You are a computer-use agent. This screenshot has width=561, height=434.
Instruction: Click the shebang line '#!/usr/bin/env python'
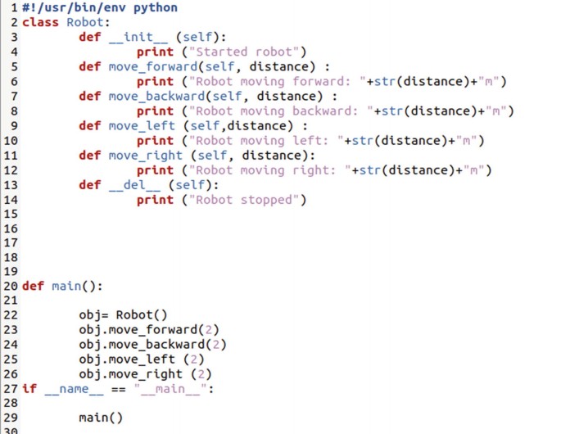pyautogui.click(x=99, y=8)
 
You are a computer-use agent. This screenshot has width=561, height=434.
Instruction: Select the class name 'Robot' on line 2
pyautogui.click(x=86, y=23)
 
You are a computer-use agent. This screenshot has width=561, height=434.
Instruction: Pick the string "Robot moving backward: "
pyautogui.click(x=279, y=111)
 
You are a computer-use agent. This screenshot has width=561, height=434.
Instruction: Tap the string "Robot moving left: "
pyautogui.click(x=265, y=141)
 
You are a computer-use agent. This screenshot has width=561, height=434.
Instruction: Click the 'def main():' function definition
pyautogui.click(x=62, y=287)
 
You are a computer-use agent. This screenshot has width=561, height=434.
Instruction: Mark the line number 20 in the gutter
pyautogui.click(x=10, y=287)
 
